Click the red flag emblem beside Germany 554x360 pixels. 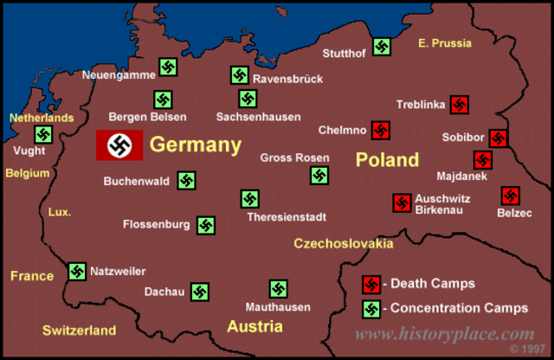pyautogui.click(x=119, y=145)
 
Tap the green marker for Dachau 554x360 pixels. pyautogui.click(x=200, y=292)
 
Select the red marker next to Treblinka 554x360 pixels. pyautogui.click(x=460, y=105)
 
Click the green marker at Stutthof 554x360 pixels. pyautogui.click(x=381, y=47)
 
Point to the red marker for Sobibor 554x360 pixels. pyautogui.click(x=498, y=138)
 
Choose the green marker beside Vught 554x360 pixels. pyautogui.click(x=43, y=134)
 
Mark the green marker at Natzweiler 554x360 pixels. pyautogui.click(x=77, y=272)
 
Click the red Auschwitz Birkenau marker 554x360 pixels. pyautogui.click(x=402, y=202)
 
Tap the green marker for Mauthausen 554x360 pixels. pyautogui.click(x=278, y=289)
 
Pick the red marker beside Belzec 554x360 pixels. pyautogui.click(x=510, y=196)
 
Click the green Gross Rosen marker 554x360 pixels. pyautogui.click(x=319, y=176)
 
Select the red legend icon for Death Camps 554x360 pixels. pyautogui.click(x=371, y=284)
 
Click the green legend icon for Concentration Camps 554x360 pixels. pyautogui.click(x=371, y=308)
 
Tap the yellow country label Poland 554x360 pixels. pyautogui.click(x=386, y=159)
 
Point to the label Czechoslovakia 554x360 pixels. pyautogui.click(x=343, y=244)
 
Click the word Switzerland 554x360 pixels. pyautogui.click(x=79, y=330)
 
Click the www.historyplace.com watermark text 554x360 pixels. pyautogui.click(x=445, y=334)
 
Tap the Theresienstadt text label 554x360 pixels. pyautogui.click(x=286, y=216)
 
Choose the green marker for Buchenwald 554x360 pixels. pyautogui.click(x=186, y=181)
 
